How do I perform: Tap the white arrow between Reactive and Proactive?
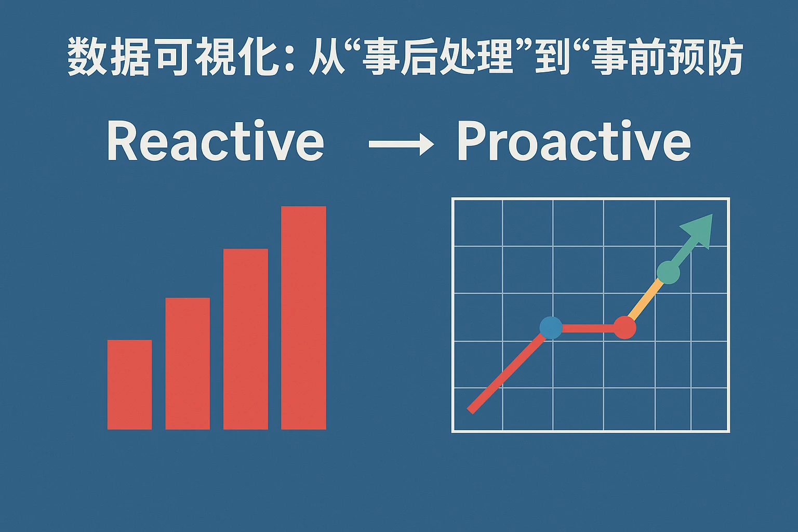(402, 144)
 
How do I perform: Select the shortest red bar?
(130, 384)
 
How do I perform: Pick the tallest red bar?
(303, 318)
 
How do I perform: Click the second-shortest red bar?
(188, 364)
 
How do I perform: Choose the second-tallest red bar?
(245, 339)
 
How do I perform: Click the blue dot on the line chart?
(551, 327)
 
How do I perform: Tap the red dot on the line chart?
(624, 327)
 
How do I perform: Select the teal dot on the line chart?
(668, 273)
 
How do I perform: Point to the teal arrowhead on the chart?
(698, 230)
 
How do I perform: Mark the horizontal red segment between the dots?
(588, 328)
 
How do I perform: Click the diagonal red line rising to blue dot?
(506, 374)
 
